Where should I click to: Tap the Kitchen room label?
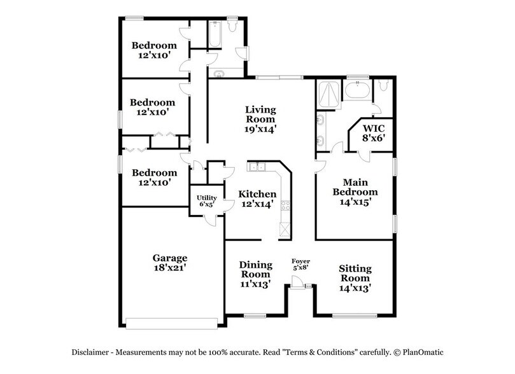pos(257,194)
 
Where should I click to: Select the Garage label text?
pos(169,258)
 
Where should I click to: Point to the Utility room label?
pos(206,198)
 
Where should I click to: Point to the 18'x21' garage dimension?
pos(169,269)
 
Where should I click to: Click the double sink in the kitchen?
pos(258,167)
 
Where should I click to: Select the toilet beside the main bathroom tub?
pos(383,85)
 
